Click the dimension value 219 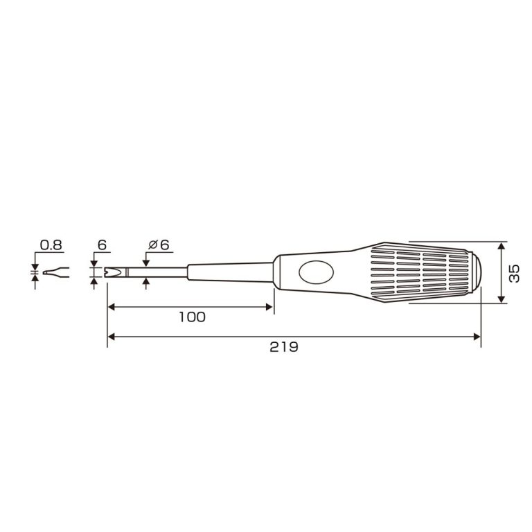click(283, 347)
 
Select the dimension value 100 click(192, 317)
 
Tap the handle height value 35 click(515, 274)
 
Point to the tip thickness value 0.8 click(51, 245)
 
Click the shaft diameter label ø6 click(159, 245)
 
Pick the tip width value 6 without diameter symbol click(102, 245)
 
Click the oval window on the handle click(316, 272)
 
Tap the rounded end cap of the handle click(476, 272)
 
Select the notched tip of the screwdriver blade click(112, 272)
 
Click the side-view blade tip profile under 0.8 click(56, 272)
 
